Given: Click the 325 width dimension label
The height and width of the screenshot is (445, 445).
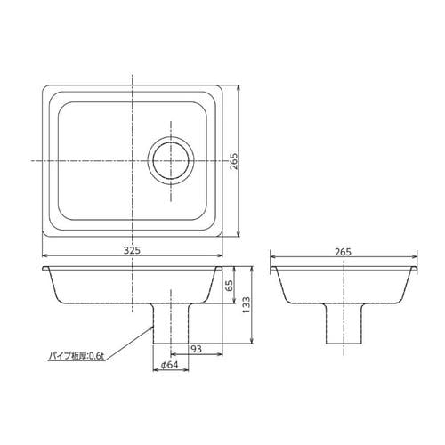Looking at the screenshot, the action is click(x=132, y=251).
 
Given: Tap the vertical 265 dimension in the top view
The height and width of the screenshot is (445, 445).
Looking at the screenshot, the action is click(x=234, y=161).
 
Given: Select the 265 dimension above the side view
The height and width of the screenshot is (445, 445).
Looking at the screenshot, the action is click(x=344, y=252).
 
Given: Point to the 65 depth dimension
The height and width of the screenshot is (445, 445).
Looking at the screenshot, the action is click(x=230, y=285).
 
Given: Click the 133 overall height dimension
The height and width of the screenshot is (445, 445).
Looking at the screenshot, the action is click(x=247, y=305).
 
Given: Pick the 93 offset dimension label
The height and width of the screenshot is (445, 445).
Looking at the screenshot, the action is click(x=196, y=349).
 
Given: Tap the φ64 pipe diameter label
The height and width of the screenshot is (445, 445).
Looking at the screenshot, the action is click(x=170, y=365).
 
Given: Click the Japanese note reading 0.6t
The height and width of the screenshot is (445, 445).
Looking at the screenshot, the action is click(x=77, y=356).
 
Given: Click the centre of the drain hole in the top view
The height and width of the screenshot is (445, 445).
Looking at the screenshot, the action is click(x=171, y=161).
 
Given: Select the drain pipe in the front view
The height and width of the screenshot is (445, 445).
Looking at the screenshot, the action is click(x=171, y=323).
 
